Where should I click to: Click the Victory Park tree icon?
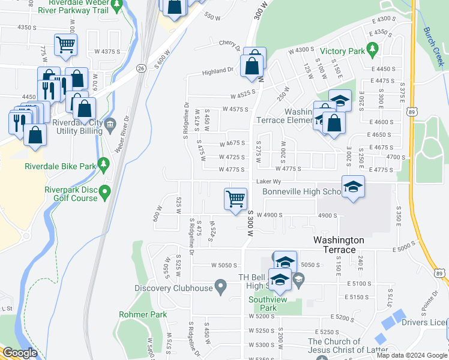point(373,48)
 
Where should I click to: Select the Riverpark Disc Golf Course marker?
point(105,193)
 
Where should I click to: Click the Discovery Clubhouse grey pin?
point(221,287)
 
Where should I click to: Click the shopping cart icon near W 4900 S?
point(235,199)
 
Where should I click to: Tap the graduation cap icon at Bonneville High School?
point(353,186)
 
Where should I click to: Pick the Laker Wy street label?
point(268,181)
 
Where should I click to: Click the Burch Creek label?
point(433,45)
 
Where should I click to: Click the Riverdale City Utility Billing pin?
point(110,125)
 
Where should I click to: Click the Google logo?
point(20,353)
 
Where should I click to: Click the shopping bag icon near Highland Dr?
point(253,65)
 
